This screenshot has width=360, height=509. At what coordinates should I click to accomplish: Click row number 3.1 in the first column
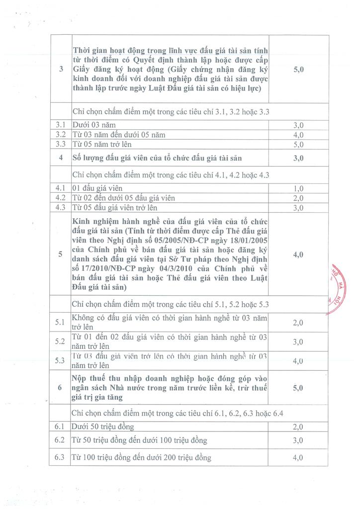click(x=61, y=125)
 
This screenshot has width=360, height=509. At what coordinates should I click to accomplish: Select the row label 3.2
click(x=61, y=134)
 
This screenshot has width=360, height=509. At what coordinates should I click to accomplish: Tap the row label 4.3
click(x=61, y=207)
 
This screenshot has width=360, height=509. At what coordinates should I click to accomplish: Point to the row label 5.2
click(x=61, y=341)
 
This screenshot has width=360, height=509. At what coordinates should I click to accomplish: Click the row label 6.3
click(x=61, y=457)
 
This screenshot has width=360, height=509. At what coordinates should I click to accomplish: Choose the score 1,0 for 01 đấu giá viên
click(x=298, y=188)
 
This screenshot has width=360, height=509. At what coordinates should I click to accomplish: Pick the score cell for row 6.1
click(x=298, y=426)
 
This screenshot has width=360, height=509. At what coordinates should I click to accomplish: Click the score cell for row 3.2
click(x=298, y=135)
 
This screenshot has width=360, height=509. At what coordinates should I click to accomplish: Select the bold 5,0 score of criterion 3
click(x=298, y=70)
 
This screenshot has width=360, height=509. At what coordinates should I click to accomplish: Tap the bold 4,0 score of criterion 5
click(x=298, y=254)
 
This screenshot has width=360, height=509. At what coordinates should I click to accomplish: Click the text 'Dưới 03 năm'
click(x=94, y=125)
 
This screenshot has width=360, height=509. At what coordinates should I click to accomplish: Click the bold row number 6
click(x=61, y=388)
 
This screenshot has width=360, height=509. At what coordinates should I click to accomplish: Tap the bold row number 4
click(x=61, y=158)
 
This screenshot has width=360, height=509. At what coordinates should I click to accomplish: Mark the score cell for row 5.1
click(x=298, y=323)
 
